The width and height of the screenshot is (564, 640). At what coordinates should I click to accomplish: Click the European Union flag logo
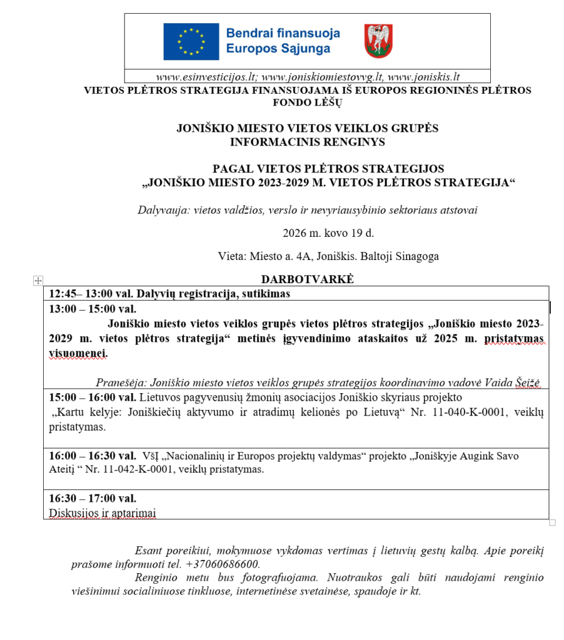tap(191, 41)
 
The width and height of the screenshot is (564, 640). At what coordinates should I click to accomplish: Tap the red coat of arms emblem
tap(378, 41)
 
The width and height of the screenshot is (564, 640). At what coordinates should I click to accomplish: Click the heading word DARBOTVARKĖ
tap(307, 279)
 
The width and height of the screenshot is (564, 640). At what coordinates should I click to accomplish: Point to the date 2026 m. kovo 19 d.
tap(328, 233)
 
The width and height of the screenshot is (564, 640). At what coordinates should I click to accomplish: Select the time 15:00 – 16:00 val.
tap(93, 397)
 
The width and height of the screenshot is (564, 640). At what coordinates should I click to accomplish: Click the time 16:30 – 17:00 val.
tap(93, 498)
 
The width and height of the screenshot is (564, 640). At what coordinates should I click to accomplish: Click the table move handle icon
tap(38, 281)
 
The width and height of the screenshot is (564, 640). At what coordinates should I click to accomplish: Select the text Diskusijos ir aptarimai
tap(103, 512)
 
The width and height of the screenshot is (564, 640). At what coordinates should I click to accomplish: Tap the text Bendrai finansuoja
tap(274, 32)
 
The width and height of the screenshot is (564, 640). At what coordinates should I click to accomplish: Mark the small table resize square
tap(552, 522)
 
